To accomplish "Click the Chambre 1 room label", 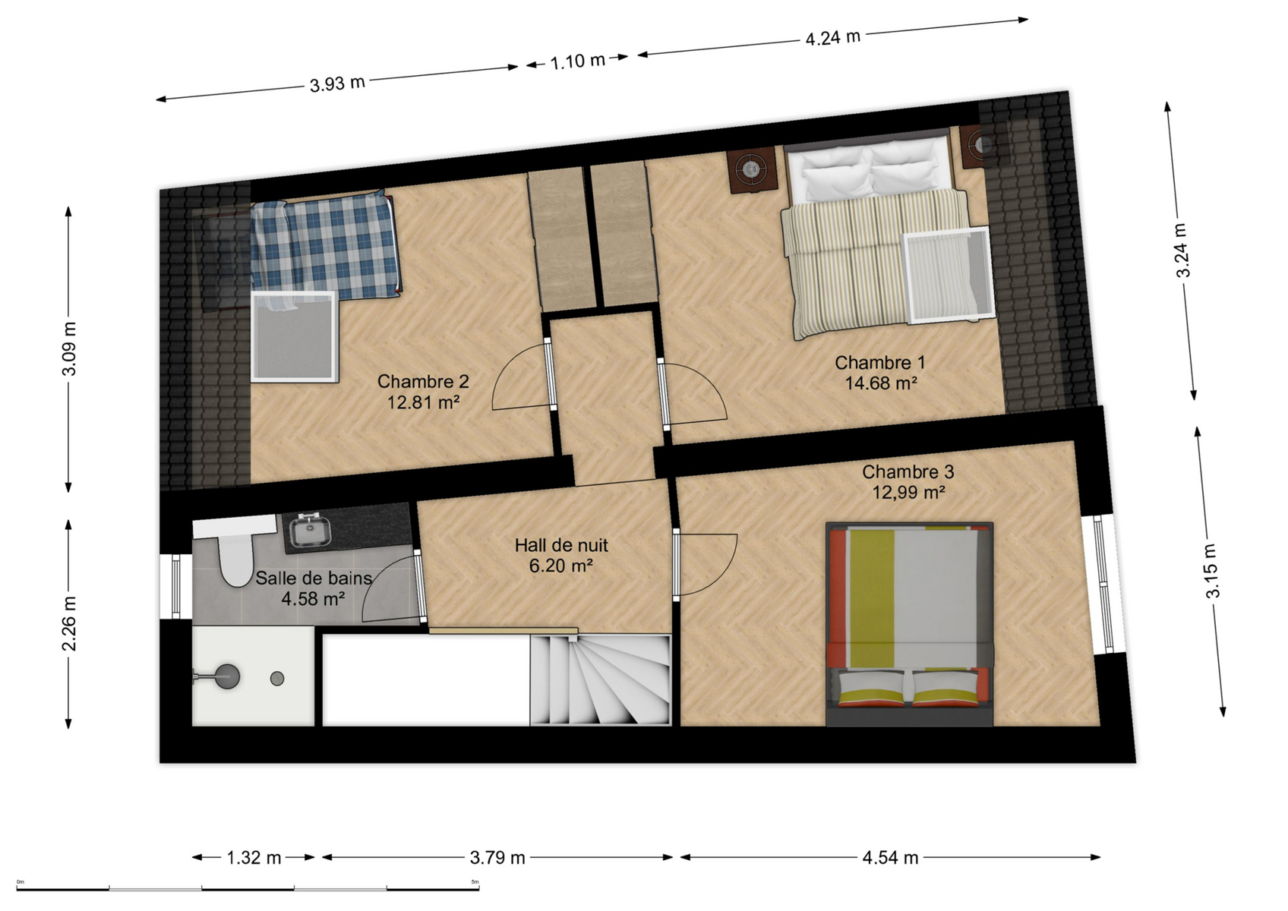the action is (x=879, y=363).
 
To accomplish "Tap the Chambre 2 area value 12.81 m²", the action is (x=423, y=402).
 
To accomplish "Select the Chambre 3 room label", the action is (x=908, y=472).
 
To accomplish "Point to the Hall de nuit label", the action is (x=561, y=545).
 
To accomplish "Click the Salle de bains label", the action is (x=314, y=578).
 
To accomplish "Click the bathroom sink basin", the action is (x=310, y=530).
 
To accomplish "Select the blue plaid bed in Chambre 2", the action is (x=326, y=247).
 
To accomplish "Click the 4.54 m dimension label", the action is (x=890, y=858).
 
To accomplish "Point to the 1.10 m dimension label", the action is (x=577, y=61).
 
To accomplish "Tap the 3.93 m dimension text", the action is (x=337, y=84).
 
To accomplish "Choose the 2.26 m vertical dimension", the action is (x=69, y=623).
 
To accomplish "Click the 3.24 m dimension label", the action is (x=1182, y=250).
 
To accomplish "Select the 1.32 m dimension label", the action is (x=254, y=858).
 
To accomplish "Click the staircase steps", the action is (x=600, y=679).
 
